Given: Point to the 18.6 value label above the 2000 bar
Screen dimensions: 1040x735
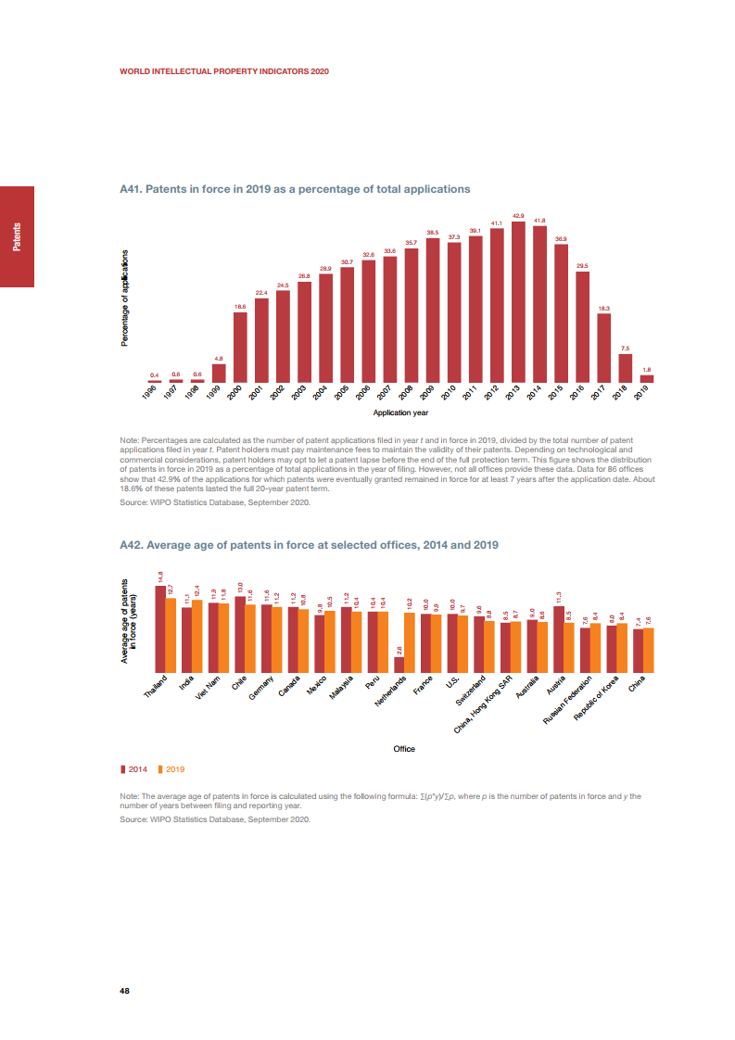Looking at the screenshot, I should click(240, 306).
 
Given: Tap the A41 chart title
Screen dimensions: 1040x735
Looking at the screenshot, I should click(295, 189).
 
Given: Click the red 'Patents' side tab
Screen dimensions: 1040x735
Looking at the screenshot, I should click(17, 236).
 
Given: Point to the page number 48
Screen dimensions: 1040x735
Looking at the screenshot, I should click(125, 990).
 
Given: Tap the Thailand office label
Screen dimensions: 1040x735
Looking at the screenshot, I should click(157, 689).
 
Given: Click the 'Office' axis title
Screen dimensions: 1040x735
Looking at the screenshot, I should click(404, 749).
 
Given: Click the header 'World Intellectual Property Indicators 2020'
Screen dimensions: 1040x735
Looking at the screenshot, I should click(224, 70).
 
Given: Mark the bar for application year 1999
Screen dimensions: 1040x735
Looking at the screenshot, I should click(219, 373).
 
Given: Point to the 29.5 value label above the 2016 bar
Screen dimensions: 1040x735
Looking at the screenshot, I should click(582, 266).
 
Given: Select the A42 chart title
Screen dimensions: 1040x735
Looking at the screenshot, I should click(310, 544).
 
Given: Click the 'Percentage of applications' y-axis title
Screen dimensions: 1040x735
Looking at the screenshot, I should click(125, 298).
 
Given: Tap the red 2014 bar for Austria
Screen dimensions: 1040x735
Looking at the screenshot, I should click(559, 640).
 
